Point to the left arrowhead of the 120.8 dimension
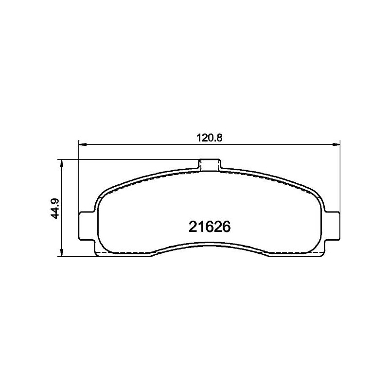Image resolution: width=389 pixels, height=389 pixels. click(x=82, y=144)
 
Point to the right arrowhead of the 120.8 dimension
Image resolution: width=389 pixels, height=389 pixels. click(x=336, y=144)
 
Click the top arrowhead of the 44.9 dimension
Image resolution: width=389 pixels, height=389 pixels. click(x=61, y=163)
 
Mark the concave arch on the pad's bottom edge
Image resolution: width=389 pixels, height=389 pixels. click(x=210, y=245)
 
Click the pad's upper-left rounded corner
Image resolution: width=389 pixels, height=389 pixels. click(x=104, y=194)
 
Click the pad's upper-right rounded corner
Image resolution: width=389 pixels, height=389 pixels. click(x=315, y=194)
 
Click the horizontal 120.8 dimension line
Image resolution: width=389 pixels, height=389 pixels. click(x=146, y=144)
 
